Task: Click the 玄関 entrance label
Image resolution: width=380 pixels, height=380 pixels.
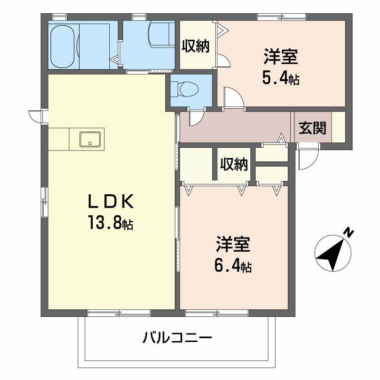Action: pos(312,127)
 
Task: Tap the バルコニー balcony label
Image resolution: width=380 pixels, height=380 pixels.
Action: pos(177,339)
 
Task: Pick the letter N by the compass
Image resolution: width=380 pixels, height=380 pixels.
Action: pos(349,233)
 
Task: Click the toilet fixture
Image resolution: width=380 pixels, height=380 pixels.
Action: pos(188,89)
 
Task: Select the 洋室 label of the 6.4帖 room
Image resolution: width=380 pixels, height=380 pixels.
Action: pos(233,245)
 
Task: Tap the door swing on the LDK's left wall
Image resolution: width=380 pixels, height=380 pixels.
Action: pos(36,115)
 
